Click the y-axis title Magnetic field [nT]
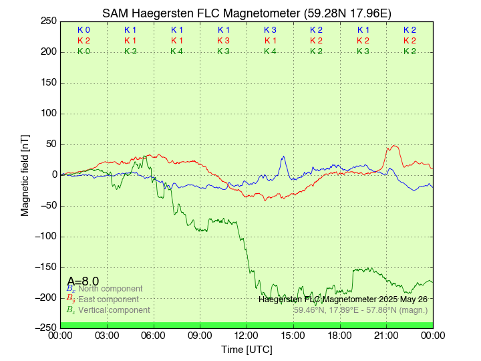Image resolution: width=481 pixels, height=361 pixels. (x=25, y=174)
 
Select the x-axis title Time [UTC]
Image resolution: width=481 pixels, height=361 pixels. (x=247, y=349)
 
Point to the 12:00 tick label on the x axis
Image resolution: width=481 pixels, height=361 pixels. (x=247, y=336)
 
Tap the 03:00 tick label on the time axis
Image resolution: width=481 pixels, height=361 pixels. (x=107, y=336)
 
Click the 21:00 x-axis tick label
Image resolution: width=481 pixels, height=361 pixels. (x=386, y=336)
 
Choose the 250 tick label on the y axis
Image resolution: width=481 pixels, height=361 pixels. (x=48, y=21)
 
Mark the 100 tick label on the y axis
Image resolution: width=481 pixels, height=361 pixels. (x=48, y=113)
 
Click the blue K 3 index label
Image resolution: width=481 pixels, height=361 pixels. (x=270, y=30)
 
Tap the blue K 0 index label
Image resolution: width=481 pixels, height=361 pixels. (x=84, y=30)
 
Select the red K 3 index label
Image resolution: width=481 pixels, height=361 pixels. (x=223, y=41)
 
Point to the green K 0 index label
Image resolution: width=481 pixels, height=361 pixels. (x=84, y=51)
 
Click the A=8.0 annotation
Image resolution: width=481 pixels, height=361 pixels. (x=83, y=281)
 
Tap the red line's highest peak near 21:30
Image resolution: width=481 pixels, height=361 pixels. (x=395, y=146)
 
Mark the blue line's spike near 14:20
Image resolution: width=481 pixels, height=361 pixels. (x=283, y=157)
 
